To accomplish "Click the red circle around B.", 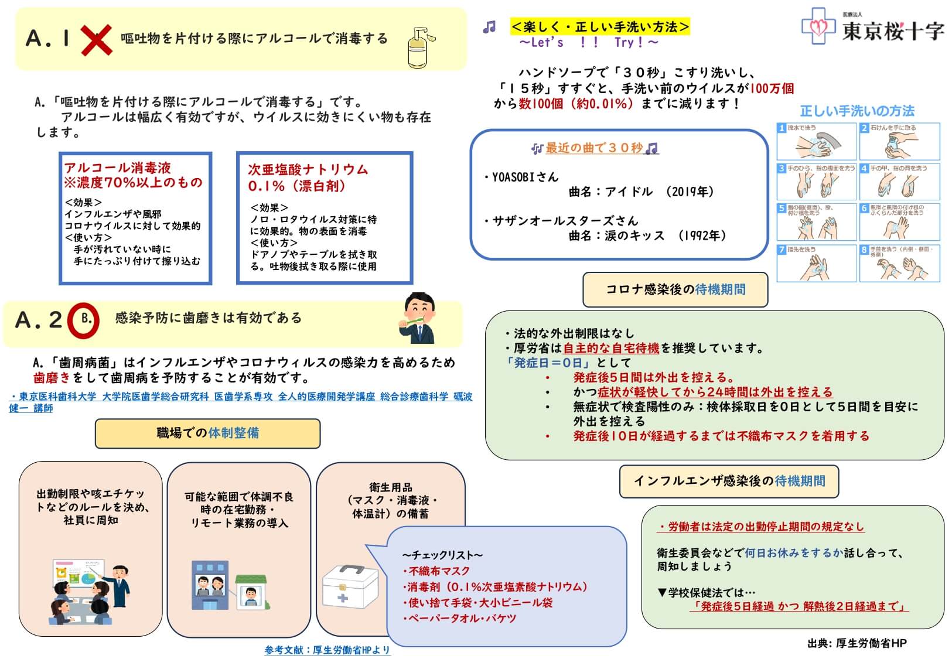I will [x=83, y=320].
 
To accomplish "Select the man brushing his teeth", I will [x=418, y=318].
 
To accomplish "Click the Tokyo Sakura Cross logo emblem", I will [x=818, y=26].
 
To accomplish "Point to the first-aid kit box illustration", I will [x=350, y=588].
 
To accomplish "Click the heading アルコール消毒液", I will [x=118, y=168].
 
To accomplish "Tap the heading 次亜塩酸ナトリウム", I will [x=308, y=170].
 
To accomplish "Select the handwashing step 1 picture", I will [x=817, y=141].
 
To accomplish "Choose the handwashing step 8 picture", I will [x=899, y=264].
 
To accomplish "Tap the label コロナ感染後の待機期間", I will [x=675, y=289].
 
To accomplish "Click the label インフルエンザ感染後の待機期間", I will [x=729, y=481].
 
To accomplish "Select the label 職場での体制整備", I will [x=207, y=433].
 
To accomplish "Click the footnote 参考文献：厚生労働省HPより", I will [x=327, y=650].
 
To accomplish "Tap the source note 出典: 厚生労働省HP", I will [x=857, y=643].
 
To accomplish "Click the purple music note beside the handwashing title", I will [x=489, y=27].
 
